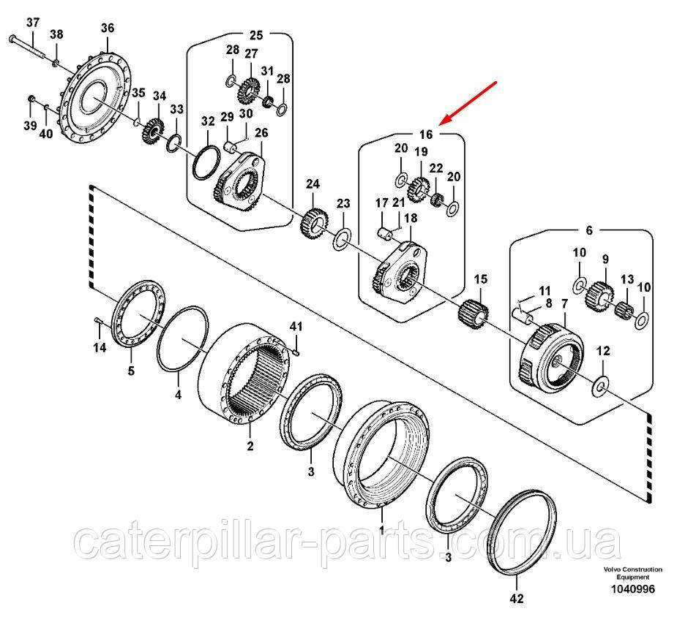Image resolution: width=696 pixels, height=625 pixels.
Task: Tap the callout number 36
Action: pyautogui.click(x=108, y=28)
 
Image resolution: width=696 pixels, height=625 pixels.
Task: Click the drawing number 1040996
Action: pyautogui.click(x=633, y=589)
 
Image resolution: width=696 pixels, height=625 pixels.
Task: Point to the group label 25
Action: pyautogui.click(x=255, y=34)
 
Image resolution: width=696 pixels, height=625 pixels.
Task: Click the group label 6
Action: pyautogui.click(x=589, y=230)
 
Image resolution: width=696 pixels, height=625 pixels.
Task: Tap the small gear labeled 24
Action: pyautogui.click(x=313, y=224)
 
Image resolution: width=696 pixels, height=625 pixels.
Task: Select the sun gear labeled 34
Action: pyautogui.click(x=155, y=132)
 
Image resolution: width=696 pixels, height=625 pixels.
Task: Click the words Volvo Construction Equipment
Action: pyautogui.click(x=633, y=573)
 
